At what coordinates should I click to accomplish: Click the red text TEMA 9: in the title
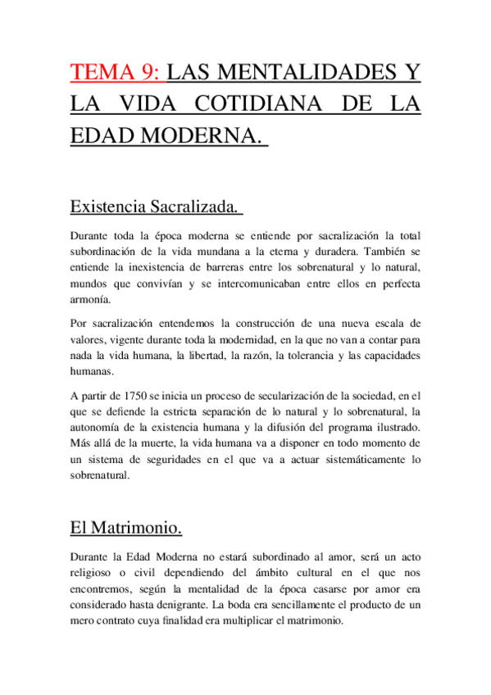point(118,73)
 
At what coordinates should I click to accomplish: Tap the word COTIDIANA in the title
point(261,105)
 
